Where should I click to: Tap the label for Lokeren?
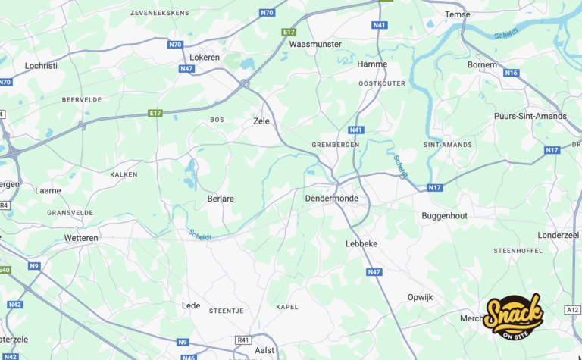coord(205,57)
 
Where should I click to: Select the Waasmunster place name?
coord(315,44)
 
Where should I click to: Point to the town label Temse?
coord(457,14)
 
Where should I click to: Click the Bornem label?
coord(482,65)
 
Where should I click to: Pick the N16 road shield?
coord(512,73)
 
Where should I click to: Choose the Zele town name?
coord(261,121)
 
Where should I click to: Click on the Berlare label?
coord(221,199)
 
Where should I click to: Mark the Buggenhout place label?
coord(444,216)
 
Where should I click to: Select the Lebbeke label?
coord(361,244)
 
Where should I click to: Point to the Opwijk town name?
coord(420,297)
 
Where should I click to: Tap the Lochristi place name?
coord(42,66)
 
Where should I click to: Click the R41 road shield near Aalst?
coord(242,340)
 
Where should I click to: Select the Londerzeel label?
coord(558,235)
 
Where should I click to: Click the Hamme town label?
coord(372,64)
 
